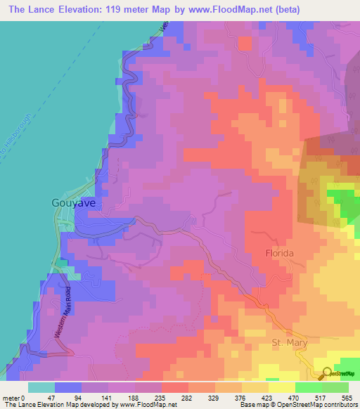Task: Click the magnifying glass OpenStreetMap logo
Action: (x=326, y=374)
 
